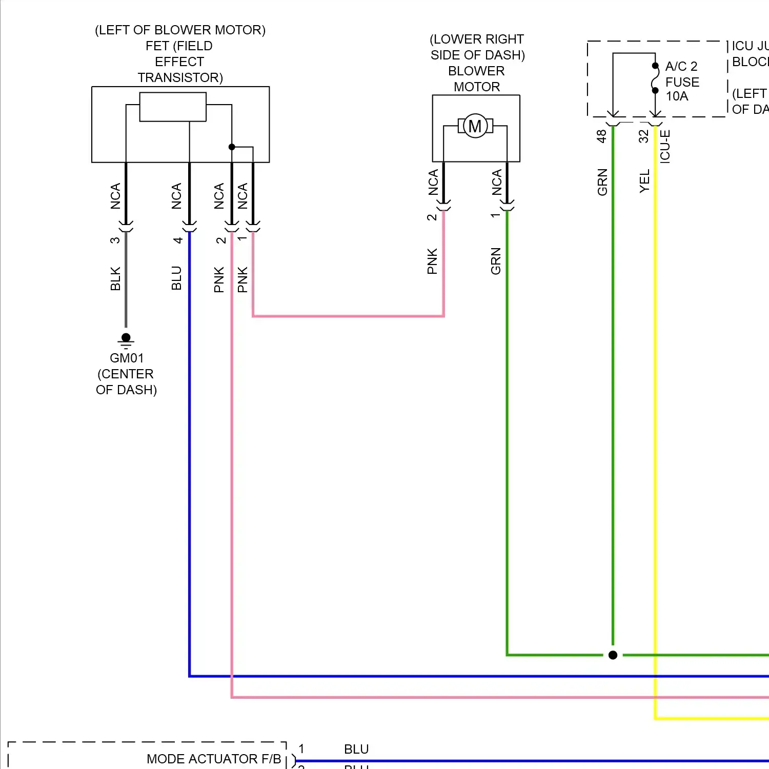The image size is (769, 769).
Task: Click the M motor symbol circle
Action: coord(475,126)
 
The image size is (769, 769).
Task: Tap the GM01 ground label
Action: coord(127,358)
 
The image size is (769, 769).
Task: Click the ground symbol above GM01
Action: coord(126,339)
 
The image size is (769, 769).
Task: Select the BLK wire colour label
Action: coord(115,278)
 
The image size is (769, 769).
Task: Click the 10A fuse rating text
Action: coord(677,96)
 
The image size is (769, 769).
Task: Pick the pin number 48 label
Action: coord(601,136)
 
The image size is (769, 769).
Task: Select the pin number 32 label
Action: coord(643,136)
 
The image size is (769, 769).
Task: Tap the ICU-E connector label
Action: coord(665,146)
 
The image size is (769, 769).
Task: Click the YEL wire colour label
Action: coord(644,181)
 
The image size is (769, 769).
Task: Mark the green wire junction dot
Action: coord(613,655)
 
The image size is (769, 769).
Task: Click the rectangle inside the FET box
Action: coord(173,107)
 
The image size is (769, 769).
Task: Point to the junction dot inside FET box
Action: coord(232,147)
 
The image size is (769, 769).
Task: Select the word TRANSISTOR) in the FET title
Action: coord(180,77)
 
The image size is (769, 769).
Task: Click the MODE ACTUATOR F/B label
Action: coord(214,759)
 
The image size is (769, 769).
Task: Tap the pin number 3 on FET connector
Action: coord(115,239)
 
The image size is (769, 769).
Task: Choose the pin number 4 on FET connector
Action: coord(177,239)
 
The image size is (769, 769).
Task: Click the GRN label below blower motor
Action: coord(496,261)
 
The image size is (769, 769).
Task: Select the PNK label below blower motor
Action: coord(432,261)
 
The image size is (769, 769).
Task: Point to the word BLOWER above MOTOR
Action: coord(476,71)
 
